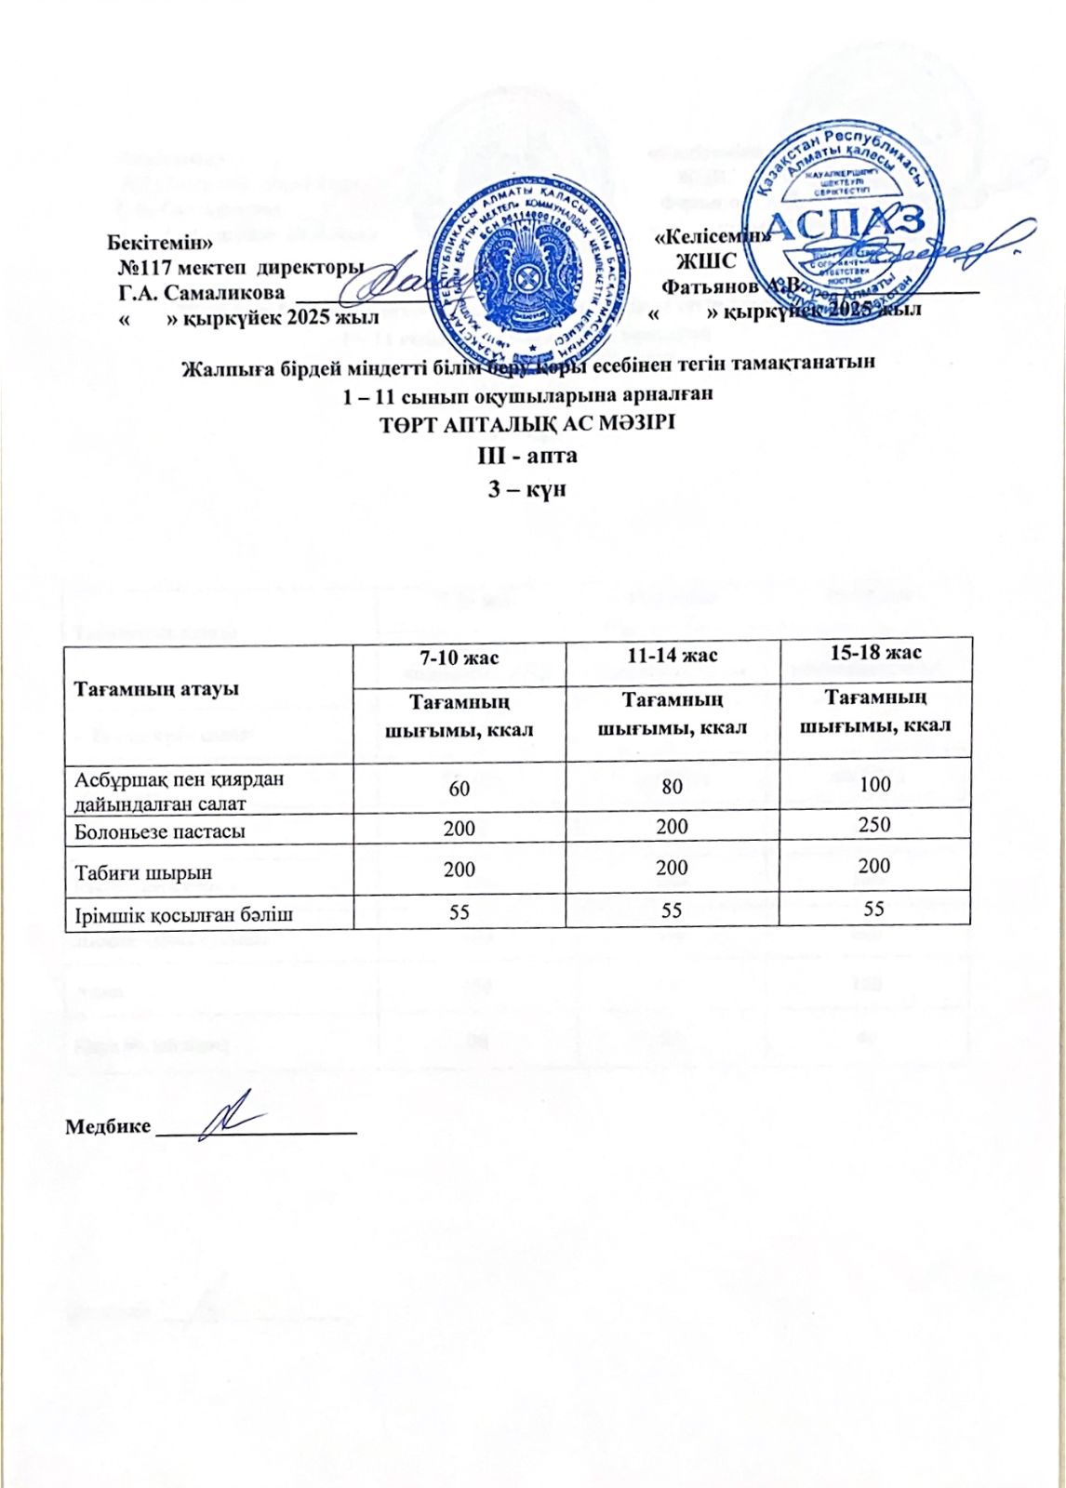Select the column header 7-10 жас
coord(459,658)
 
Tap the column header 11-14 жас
coord(672,656)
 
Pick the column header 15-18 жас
coord(874,653)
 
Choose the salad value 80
coord(672,787)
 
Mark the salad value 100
coord(874,784)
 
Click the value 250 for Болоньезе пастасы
coord(874,824)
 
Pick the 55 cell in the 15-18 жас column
coord(874,909)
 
